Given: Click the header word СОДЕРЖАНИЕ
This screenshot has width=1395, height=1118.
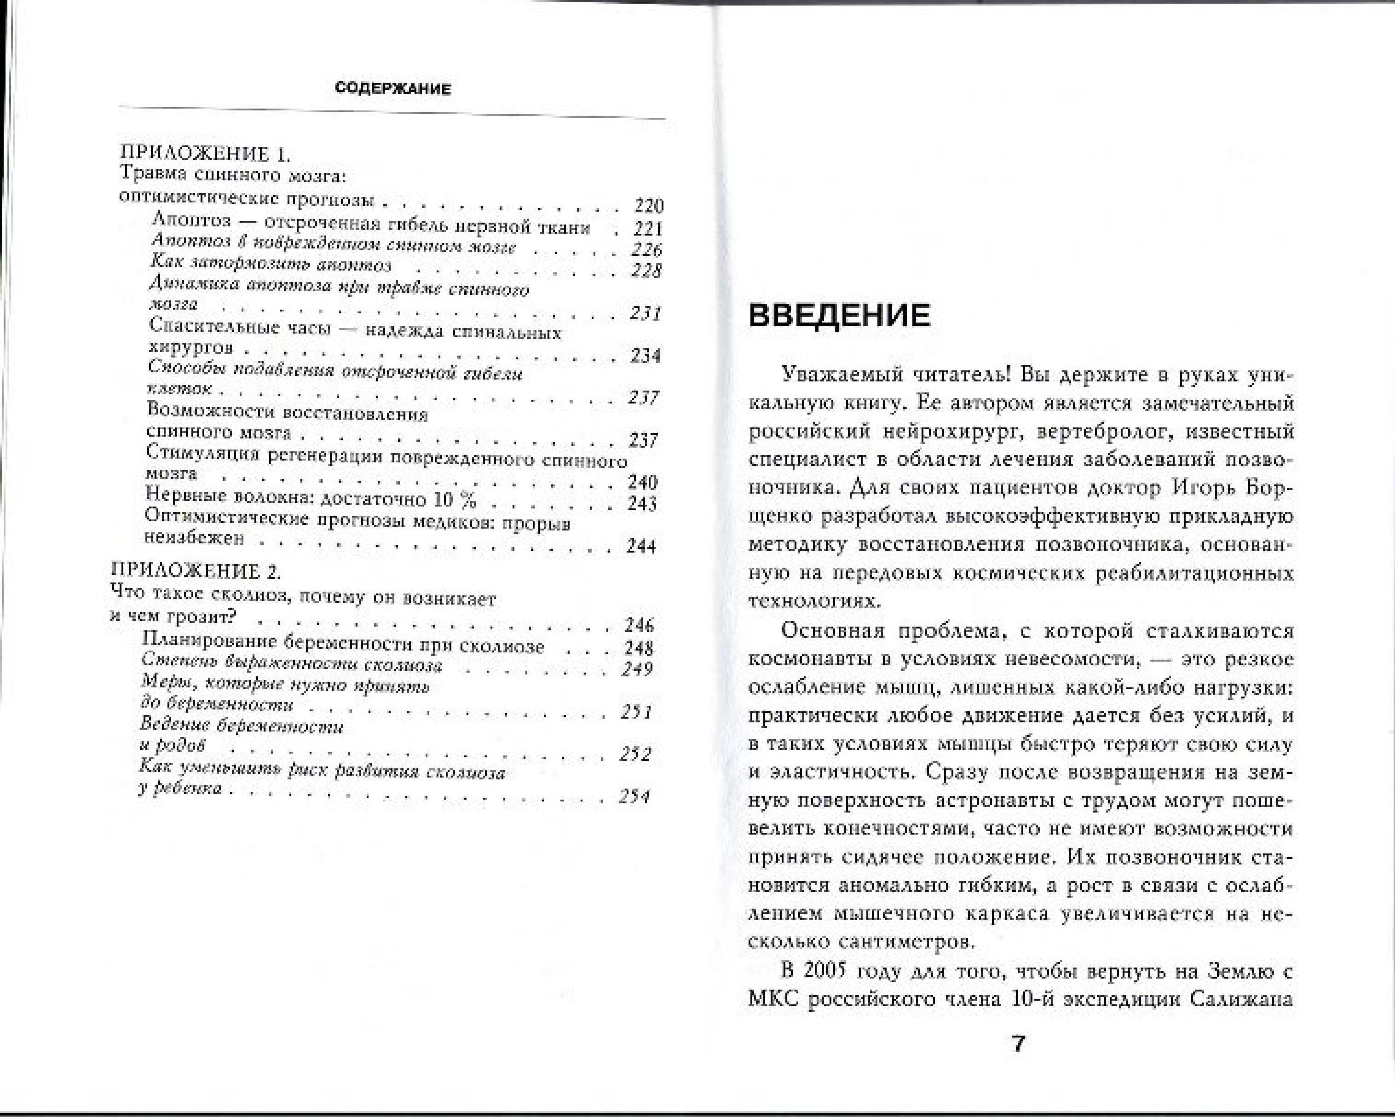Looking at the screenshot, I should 393,89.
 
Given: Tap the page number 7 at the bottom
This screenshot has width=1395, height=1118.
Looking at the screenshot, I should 1019,1043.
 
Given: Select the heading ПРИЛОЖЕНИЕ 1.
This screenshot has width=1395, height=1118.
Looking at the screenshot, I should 206,154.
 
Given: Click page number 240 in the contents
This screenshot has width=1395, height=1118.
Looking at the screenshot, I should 642,482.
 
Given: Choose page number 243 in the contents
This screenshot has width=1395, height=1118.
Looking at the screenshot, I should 642,503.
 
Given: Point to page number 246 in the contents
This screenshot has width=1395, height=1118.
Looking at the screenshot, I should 639,625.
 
